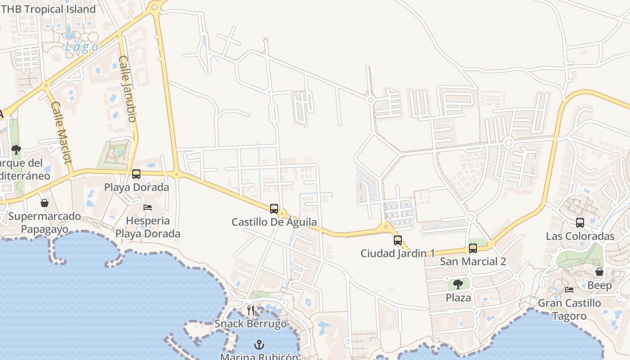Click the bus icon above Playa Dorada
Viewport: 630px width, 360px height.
(136, 174)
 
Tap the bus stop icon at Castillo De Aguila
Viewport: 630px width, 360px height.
(274, 208)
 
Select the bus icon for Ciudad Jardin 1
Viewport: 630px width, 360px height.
(397, 240)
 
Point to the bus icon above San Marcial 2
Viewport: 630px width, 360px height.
(472, 248)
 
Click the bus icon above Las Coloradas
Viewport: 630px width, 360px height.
(580, 222)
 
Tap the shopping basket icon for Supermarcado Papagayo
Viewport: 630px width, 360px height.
(44, 203)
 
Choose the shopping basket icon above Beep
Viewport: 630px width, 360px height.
(599, 271)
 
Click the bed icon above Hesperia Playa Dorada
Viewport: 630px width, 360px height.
(148, 207)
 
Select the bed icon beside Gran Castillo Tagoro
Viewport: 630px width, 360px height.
(569, 289)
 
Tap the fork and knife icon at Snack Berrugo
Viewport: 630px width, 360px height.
(251, 310)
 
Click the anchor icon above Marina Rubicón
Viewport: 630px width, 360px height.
(259, 345)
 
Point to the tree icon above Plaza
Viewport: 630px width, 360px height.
(458, 284)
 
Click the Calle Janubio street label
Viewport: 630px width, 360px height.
(128, 89)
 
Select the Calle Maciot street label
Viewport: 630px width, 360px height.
(62, 133)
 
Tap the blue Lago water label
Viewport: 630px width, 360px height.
(81, 47)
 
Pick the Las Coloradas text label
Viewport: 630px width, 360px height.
(580, 236)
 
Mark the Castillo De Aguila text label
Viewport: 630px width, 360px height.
(274, 222)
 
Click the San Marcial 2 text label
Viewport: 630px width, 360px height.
(472, 261)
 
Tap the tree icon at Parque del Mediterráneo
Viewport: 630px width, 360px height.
(16, 149)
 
